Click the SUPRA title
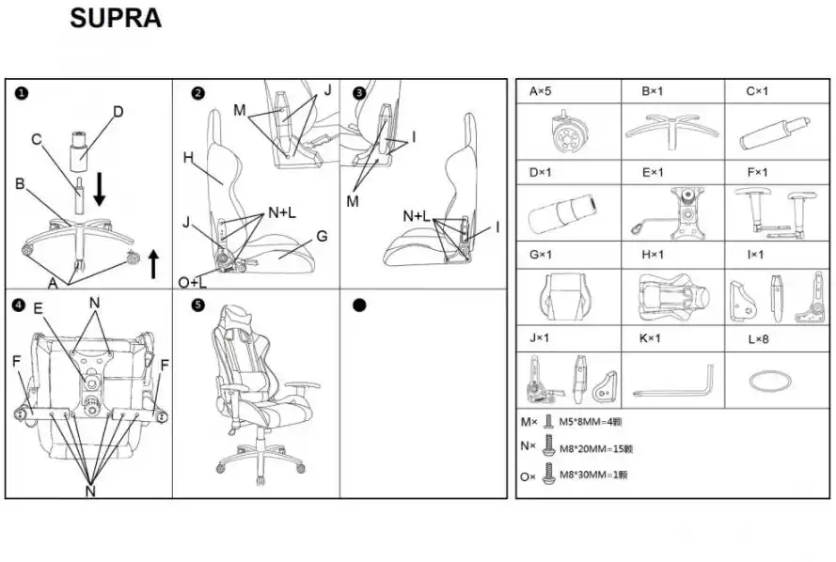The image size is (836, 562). [x=116, y=18]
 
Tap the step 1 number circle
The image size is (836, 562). [x=22, y=94]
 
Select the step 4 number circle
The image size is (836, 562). [x=18, y=305]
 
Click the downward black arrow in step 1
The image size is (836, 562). [x=99, y=189]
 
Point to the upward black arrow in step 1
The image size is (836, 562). [x=153, y=264]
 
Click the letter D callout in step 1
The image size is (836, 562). [x=118, y=112]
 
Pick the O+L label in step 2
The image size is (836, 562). [x=193, y=282]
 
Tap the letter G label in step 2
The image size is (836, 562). [x=322, y=236]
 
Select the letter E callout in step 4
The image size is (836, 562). [x=38, y=308]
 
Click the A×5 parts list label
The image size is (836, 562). [x=540, y=91]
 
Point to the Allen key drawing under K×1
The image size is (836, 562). [x=674, y=382]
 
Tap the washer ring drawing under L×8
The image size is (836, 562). [x=770, y=382]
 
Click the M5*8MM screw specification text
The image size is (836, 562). [x=591, y=422]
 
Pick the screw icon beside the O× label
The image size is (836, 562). [x=548, y=474]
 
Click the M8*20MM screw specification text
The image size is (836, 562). [x=595, y=449]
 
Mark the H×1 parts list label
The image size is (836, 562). [x=653, y=255]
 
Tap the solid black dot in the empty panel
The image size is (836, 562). [x=359, y=305]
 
